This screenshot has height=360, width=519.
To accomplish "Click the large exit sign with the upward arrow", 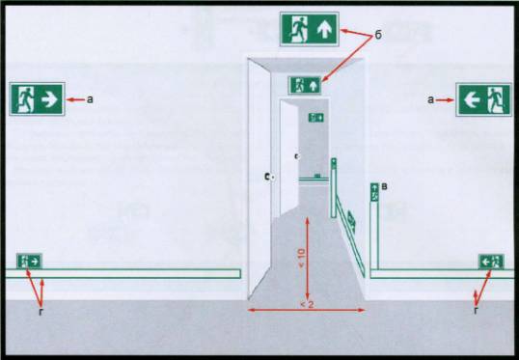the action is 309,29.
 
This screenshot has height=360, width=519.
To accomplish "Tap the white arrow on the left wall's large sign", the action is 49,99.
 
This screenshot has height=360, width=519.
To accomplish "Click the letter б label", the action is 378,35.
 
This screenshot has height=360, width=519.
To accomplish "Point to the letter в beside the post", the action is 385,187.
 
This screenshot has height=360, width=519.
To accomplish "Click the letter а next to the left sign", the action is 90,99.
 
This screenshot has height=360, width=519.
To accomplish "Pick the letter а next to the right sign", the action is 430,99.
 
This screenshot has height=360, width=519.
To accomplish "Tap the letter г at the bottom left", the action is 41,312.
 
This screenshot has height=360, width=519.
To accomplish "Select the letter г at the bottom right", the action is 477,311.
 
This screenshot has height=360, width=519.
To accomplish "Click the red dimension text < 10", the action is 302,258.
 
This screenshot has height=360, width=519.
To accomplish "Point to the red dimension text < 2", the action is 307,304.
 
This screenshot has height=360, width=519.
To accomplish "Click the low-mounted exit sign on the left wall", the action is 29,261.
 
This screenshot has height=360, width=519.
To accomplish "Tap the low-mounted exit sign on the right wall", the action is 491,262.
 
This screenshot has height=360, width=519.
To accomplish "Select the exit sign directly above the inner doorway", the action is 305,85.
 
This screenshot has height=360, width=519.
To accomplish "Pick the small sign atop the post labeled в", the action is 374,192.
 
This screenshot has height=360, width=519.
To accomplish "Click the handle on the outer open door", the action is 269,177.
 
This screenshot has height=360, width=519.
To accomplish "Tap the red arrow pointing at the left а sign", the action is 75,99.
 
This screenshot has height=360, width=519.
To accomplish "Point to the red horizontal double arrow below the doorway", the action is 307,311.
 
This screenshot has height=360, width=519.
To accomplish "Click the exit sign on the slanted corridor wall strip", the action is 351,223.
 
